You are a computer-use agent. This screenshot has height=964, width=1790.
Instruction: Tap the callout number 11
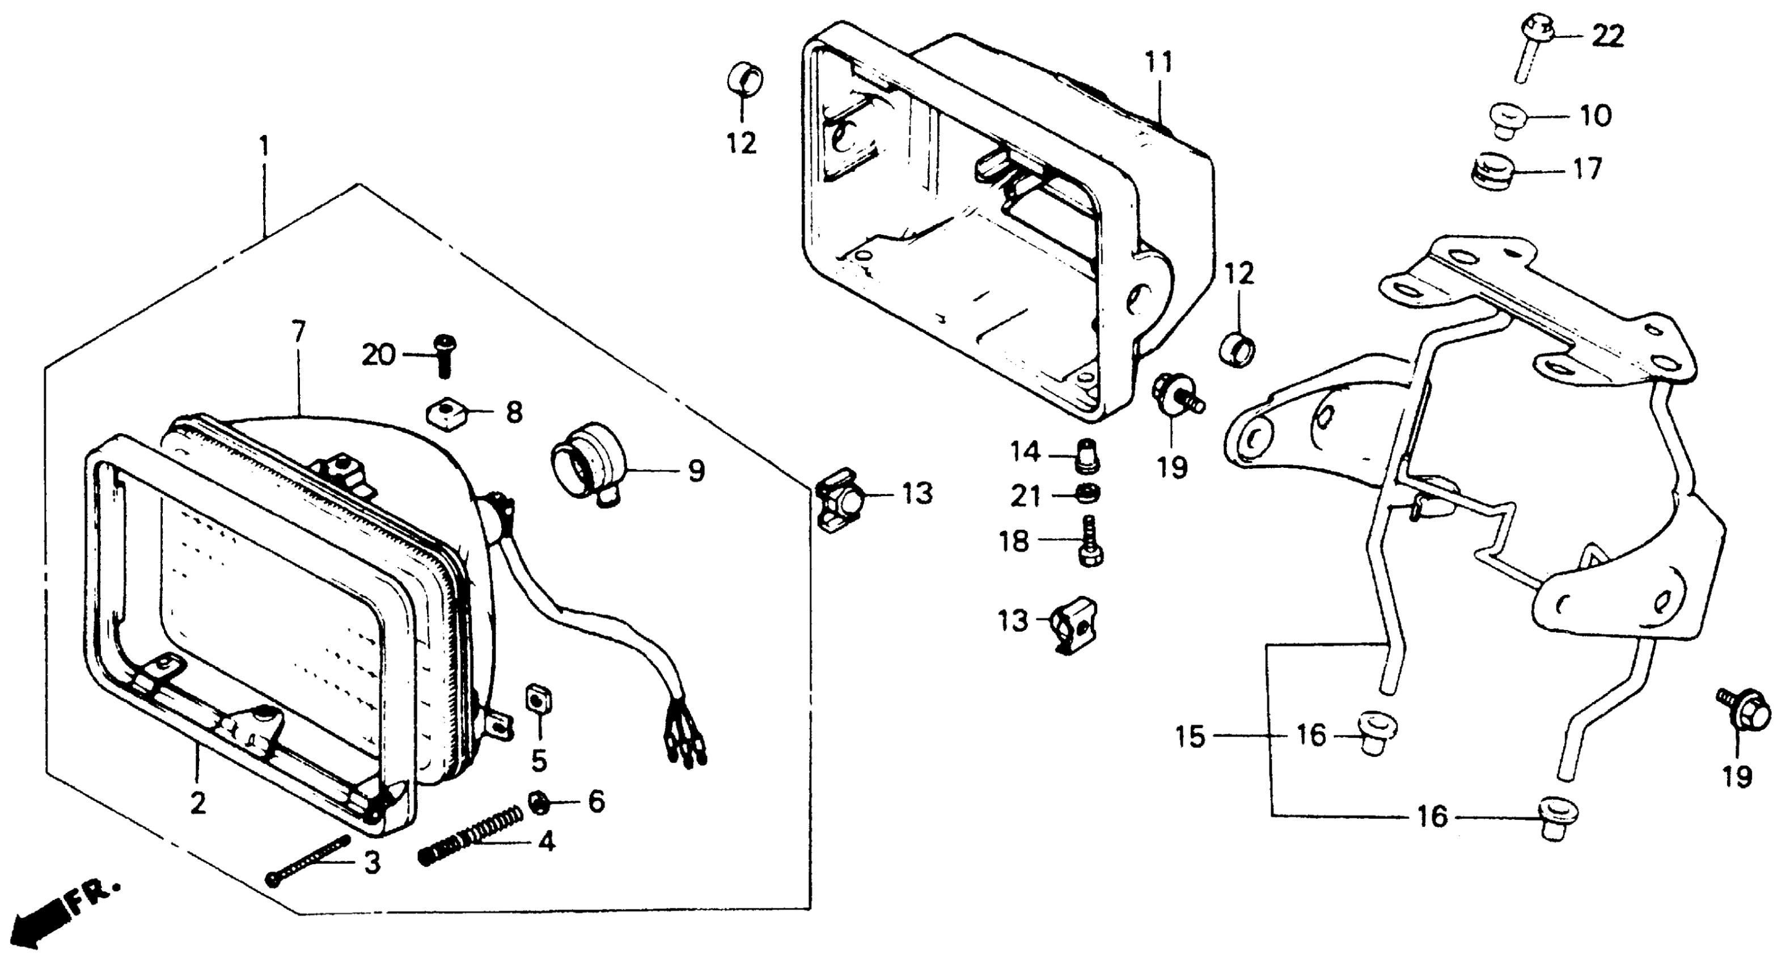click(x=1159, y=62)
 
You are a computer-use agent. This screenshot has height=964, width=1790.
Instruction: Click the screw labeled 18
click(x=1089, y=541)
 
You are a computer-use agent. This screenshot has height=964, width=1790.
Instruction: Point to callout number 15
click(x=1190, y=737)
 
